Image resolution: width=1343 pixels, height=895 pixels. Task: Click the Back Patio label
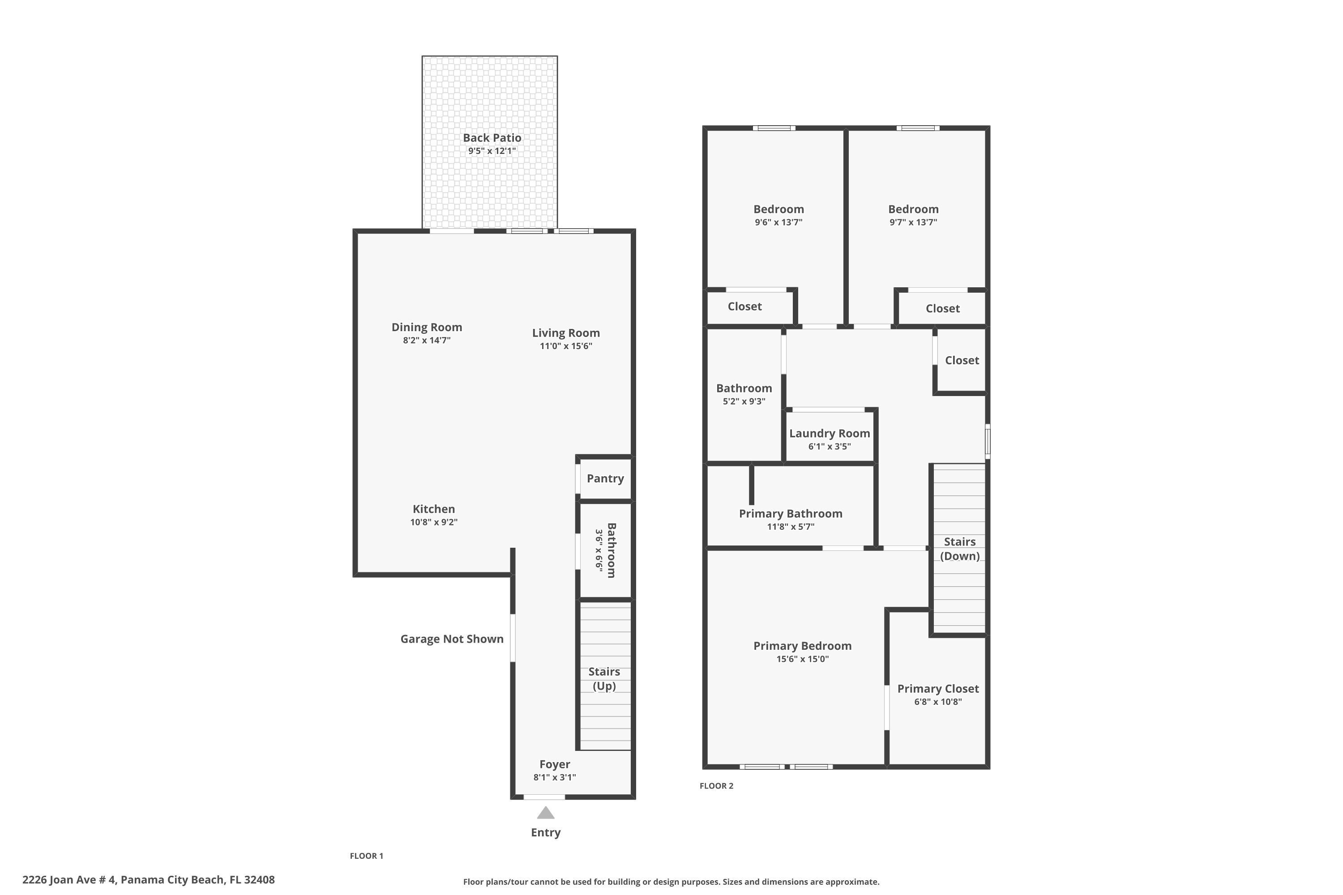[x=492, y=137]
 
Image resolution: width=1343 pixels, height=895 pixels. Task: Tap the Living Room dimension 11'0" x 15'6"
[x=566, y=346]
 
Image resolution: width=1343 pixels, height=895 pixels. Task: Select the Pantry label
[x=605, y=478]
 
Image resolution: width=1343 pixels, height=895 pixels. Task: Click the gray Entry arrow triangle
[x=545, y=813]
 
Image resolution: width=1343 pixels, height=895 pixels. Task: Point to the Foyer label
[x=555, y=764]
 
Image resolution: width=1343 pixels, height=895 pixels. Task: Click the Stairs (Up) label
[x=604, y=678]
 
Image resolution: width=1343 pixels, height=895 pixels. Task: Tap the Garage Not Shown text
[x=452, y=639]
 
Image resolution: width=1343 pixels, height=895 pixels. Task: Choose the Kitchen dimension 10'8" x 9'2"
[x=433, y=522]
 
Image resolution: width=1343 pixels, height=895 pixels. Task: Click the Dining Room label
[x=427, y=327]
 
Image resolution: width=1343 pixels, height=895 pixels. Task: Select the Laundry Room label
[x=829, y=433]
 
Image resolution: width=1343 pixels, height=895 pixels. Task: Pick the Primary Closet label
[x=937, y=688]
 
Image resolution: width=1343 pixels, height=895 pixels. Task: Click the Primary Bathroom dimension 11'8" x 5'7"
[x=790, y=526]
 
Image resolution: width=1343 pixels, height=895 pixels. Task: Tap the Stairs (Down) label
[x=959, y=549]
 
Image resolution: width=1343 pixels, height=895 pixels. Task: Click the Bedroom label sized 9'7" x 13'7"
[x=913, y=209]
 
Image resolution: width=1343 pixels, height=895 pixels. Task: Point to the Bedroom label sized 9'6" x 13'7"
[x=778, y=209]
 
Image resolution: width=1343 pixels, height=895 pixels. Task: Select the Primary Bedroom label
[x=802, y=646]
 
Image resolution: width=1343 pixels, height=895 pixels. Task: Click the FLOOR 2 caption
[x=716, y=785]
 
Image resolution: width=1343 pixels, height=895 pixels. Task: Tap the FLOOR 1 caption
[x=366, y=856]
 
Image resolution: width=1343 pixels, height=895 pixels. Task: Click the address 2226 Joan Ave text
[x=149, y=880]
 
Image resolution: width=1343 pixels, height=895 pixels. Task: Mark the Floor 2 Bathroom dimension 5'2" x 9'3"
[x=744, y=401]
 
